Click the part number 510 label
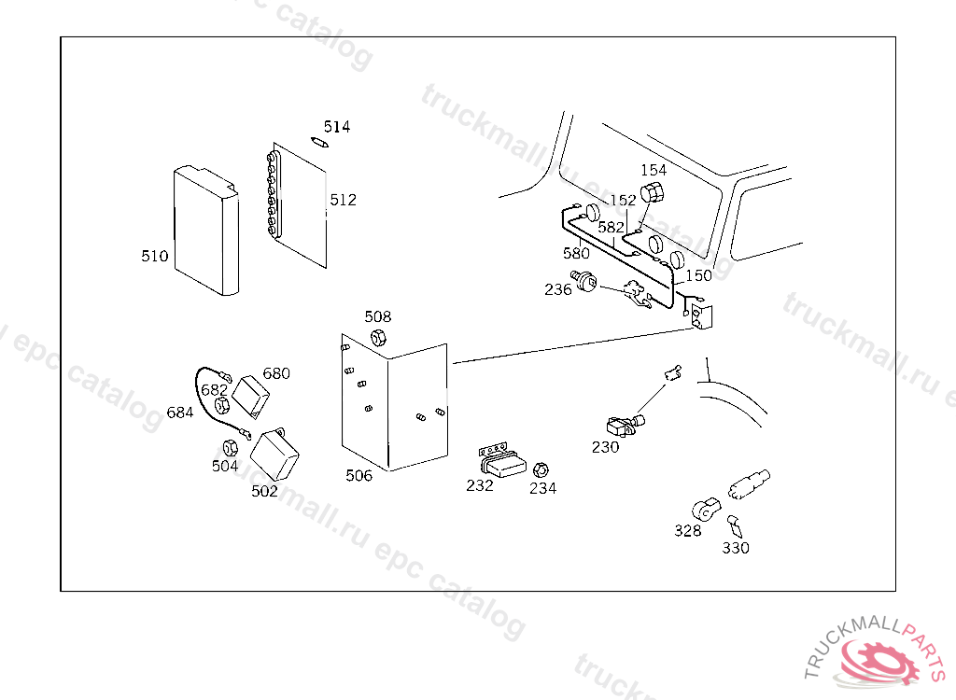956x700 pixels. [155, 256]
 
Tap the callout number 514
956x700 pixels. [337, 127]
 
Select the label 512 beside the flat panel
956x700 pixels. [343, 200]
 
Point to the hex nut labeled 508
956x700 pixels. [379, 337]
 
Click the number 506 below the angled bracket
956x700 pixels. [358, 476]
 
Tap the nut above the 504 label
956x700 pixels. [228, 445]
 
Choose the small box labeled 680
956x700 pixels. [250, 396]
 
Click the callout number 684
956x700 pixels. [180, 412]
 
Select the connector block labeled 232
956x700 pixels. [502, 460]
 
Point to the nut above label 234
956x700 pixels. [541, 468]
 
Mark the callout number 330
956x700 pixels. [736, 548]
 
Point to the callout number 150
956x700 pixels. [698, 275]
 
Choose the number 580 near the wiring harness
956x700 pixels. [576, 253]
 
